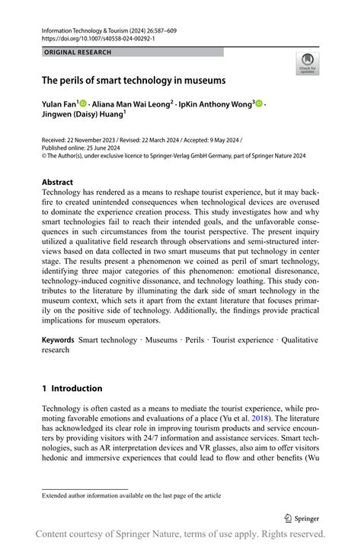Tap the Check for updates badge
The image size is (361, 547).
pyautogui.click(x=307, y=63)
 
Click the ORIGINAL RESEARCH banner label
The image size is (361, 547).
pyautogui.click(x=78, y=52)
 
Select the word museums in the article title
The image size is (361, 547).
pyautogui.click(x=203, y=79)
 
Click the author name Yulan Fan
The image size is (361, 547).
pyautogui.click(x=59, y=103)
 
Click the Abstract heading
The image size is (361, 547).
pyautogui.click(x=57, y=182)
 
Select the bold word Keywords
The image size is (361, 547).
pyautogui.click(x=58, y=339)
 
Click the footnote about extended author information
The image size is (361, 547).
pyautogui.click(x=131, y=495)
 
